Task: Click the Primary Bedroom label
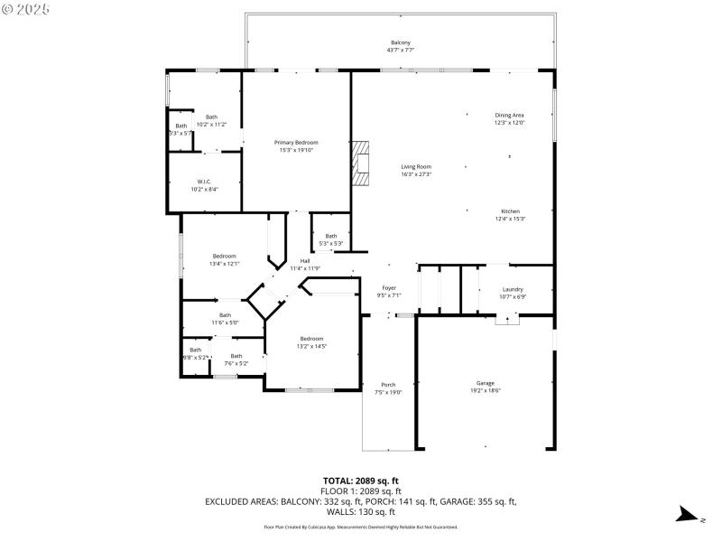[296, 143]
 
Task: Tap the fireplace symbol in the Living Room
[361, 163]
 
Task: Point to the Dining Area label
[509, 115]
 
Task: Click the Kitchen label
[510, 211]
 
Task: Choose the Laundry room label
[513, 289]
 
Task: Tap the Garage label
[485, 383]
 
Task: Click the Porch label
[388, 384]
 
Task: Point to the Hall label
[304, 261]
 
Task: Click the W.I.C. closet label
[204, 182]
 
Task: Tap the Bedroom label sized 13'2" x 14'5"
[311, 339]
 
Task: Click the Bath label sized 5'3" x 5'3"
[331, 236]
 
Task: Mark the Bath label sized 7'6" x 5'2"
[236, 356]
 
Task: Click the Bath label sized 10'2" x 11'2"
[211, 117]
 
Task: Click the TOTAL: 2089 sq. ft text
[361, 481]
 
